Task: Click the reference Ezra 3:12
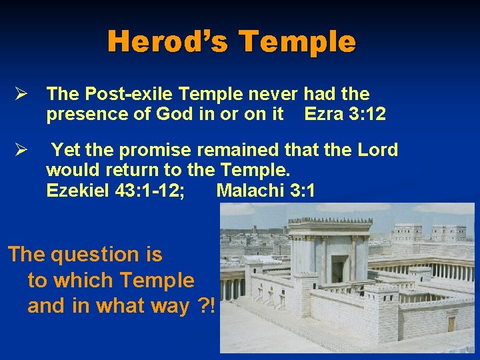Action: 345,114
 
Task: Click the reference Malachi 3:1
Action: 265,191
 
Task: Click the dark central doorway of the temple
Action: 337,269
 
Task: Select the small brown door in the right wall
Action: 452,323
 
